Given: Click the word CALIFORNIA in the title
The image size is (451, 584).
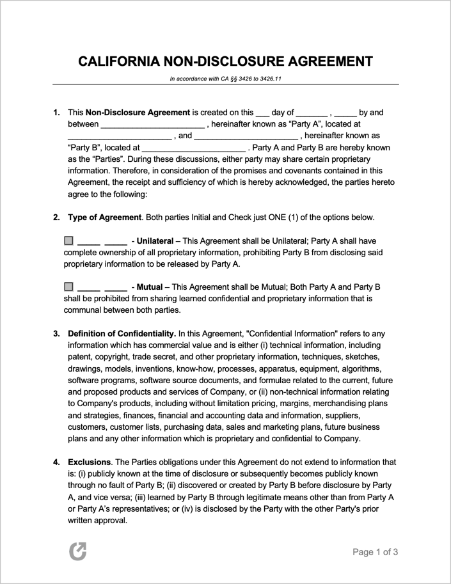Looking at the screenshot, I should [x=118, y=62].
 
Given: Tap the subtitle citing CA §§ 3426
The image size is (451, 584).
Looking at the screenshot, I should [x=226, y=79].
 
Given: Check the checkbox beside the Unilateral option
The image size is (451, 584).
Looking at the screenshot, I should [x=69, y=241].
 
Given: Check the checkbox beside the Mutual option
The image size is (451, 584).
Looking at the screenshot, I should [x=69, y=287].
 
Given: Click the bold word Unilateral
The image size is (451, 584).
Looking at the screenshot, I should [x=155, y=241].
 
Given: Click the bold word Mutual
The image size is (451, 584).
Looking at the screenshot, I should [x=150, y=287].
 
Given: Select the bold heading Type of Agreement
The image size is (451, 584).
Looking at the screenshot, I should [x=104, y=217].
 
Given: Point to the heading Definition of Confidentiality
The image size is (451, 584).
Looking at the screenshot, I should [x=122, y=333].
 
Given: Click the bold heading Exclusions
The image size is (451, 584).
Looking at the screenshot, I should [x=89, y=461].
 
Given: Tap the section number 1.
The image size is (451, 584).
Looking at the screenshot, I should [x=56, y=113].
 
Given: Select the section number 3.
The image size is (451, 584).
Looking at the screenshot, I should [x=56, y=333].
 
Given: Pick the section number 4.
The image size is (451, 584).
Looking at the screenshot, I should [x=56, y=461].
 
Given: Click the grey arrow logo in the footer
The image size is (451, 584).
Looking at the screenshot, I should [x=77, y=551].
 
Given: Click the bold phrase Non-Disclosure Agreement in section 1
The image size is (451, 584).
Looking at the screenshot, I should [x=138, y=113].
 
